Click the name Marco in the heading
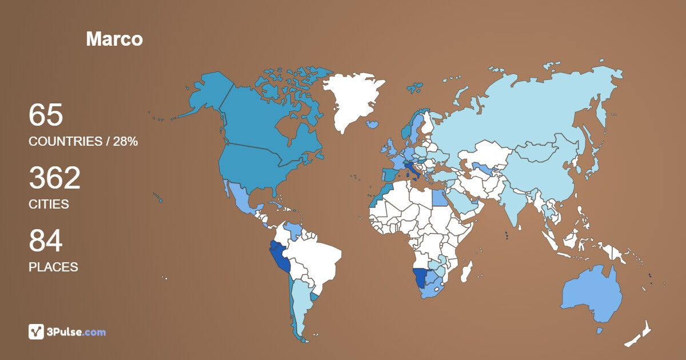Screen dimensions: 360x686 click(x=114, y=39)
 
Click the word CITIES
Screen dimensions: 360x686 click(x=49, y=204)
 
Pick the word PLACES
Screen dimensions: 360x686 click(x=53, y=267)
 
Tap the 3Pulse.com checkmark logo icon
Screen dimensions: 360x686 click(x=37, y=331)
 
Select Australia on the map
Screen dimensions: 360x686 click(x=592, y=294)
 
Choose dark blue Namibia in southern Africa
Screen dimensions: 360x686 click(x=421, y=278)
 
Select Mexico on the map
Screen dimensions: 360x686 click(x=240, y=200)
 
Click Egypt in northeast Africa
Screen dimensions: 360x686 click(x=439, y=198)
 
